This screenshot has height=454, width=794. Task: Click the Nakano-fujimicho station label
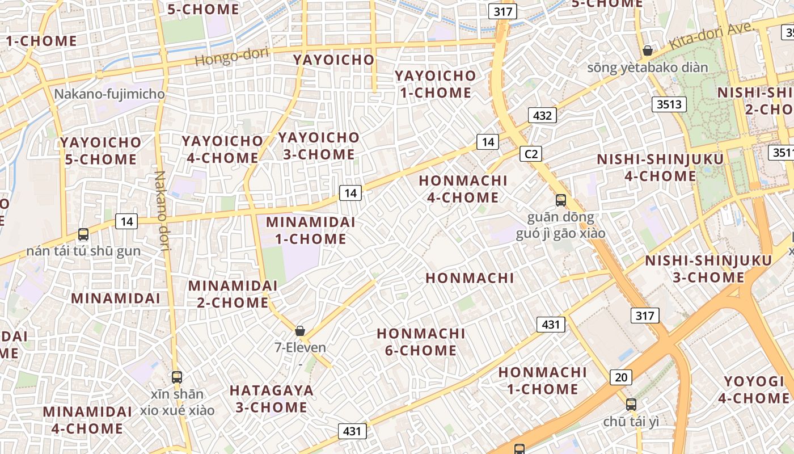click(x=109, y=94)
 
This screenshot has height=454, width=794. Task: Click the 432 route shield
click(x=542, y=116)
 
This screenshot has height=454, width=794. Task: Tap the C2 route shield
click(x=531, y=154)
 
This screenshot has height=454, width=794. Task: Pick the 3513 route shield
click(x=669, y=104)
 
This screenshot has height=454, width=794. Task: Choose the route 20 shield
click(x=621, y=377)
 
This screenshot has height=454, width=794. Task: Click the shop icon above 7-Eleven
click(x=300, y=330)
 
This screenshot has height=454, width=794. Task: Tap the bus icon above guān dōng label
click(x=560, y=200)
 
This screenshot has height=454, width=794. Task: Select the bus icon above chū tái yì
click(x=631, y=404)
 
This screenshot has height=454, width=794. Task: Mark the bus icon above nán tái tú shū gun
click(x=83, y=234)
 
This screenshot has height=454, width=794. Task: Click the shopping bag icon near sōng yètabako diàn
click(x=647, y=51)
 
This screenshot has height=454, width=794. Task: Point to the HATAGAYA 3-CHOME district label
click(x=271, y=398)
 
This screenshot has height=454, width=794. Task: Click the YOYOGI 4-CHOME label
click(x=753, y=389)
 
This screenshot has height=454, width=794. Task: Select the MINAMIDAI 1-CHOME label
click(x=310, y=230)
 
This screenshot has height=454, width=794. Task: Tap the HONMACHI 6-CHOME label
click(x=421, y=342)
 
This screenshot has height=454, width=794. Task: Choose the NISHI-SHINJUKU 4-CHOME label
click(x=660, y=167)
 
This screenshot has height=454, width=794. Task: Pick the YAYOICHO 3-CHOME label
click(x=318, y=146)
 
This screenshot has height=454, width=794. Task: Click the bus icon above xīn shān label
click(x=177, y=377)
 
